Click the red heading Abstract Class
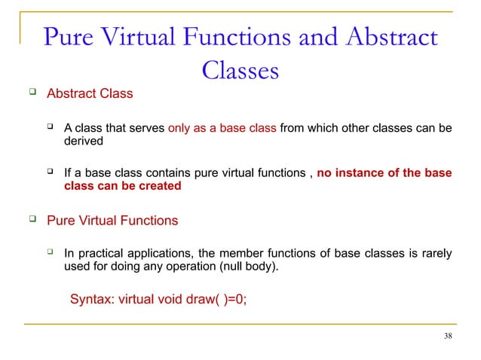pos(90,94)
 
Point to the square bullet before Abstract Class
pos(32,93)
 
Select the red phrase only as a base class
pos(222,128)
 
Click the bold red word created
pos(159,186)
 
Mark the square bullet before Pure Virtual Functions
pos(32,220)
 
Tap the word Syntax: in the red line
pos(91,298)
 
